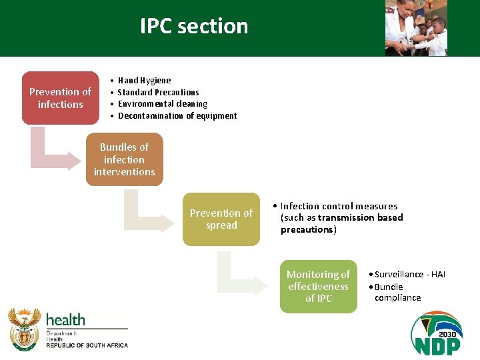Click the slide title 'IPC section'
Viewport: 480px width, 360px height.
click(194, 26)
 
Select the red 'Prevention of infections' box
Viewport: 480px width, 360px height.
click(60, 98)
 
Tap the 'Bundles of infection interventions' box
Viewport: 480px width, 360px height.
click(124, 159)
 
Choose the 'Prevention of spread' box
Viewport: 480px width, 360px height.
click(221, 219)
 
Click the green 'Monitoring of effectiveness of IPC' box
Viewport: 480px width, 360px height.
click(318, 287)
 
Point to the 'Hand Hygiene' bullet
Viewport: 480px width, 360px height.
click(144, 81)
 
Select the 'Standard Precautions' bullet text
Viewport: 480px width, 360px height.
click(158, 93)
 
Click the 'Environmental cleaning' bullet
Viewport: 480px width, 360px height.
click(162, 104)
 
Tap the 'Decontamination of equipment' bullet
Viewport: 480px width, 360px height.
click(177, 116)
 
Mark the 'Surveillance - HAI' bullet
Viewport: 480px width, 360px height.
click(409, 275)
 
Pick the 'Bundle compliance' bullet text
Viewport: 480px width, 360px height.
click(397, 293)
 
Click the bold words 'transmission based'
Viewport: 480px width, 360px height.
click(360, 218)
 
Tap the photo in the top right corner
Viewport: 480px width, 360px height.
click(416, 28)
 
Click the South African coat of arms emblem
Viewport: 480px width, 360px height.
click(25, 329)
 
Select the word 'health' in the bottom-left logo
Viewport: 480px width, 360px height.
click(65, 319)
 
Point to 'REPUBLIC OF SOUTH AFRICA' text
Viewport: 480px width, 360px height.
click(87, 345)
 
